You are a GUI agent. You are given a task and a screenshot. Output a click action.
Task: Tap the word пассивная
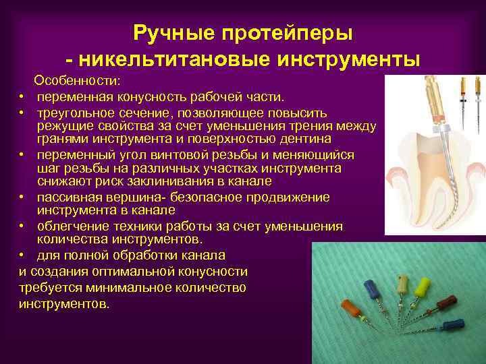pyautogui.click(x=74, y=197)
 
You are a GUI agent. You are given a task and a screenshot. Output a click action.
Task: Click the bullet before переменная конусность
pyautogui.click(x=22, y=96)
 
